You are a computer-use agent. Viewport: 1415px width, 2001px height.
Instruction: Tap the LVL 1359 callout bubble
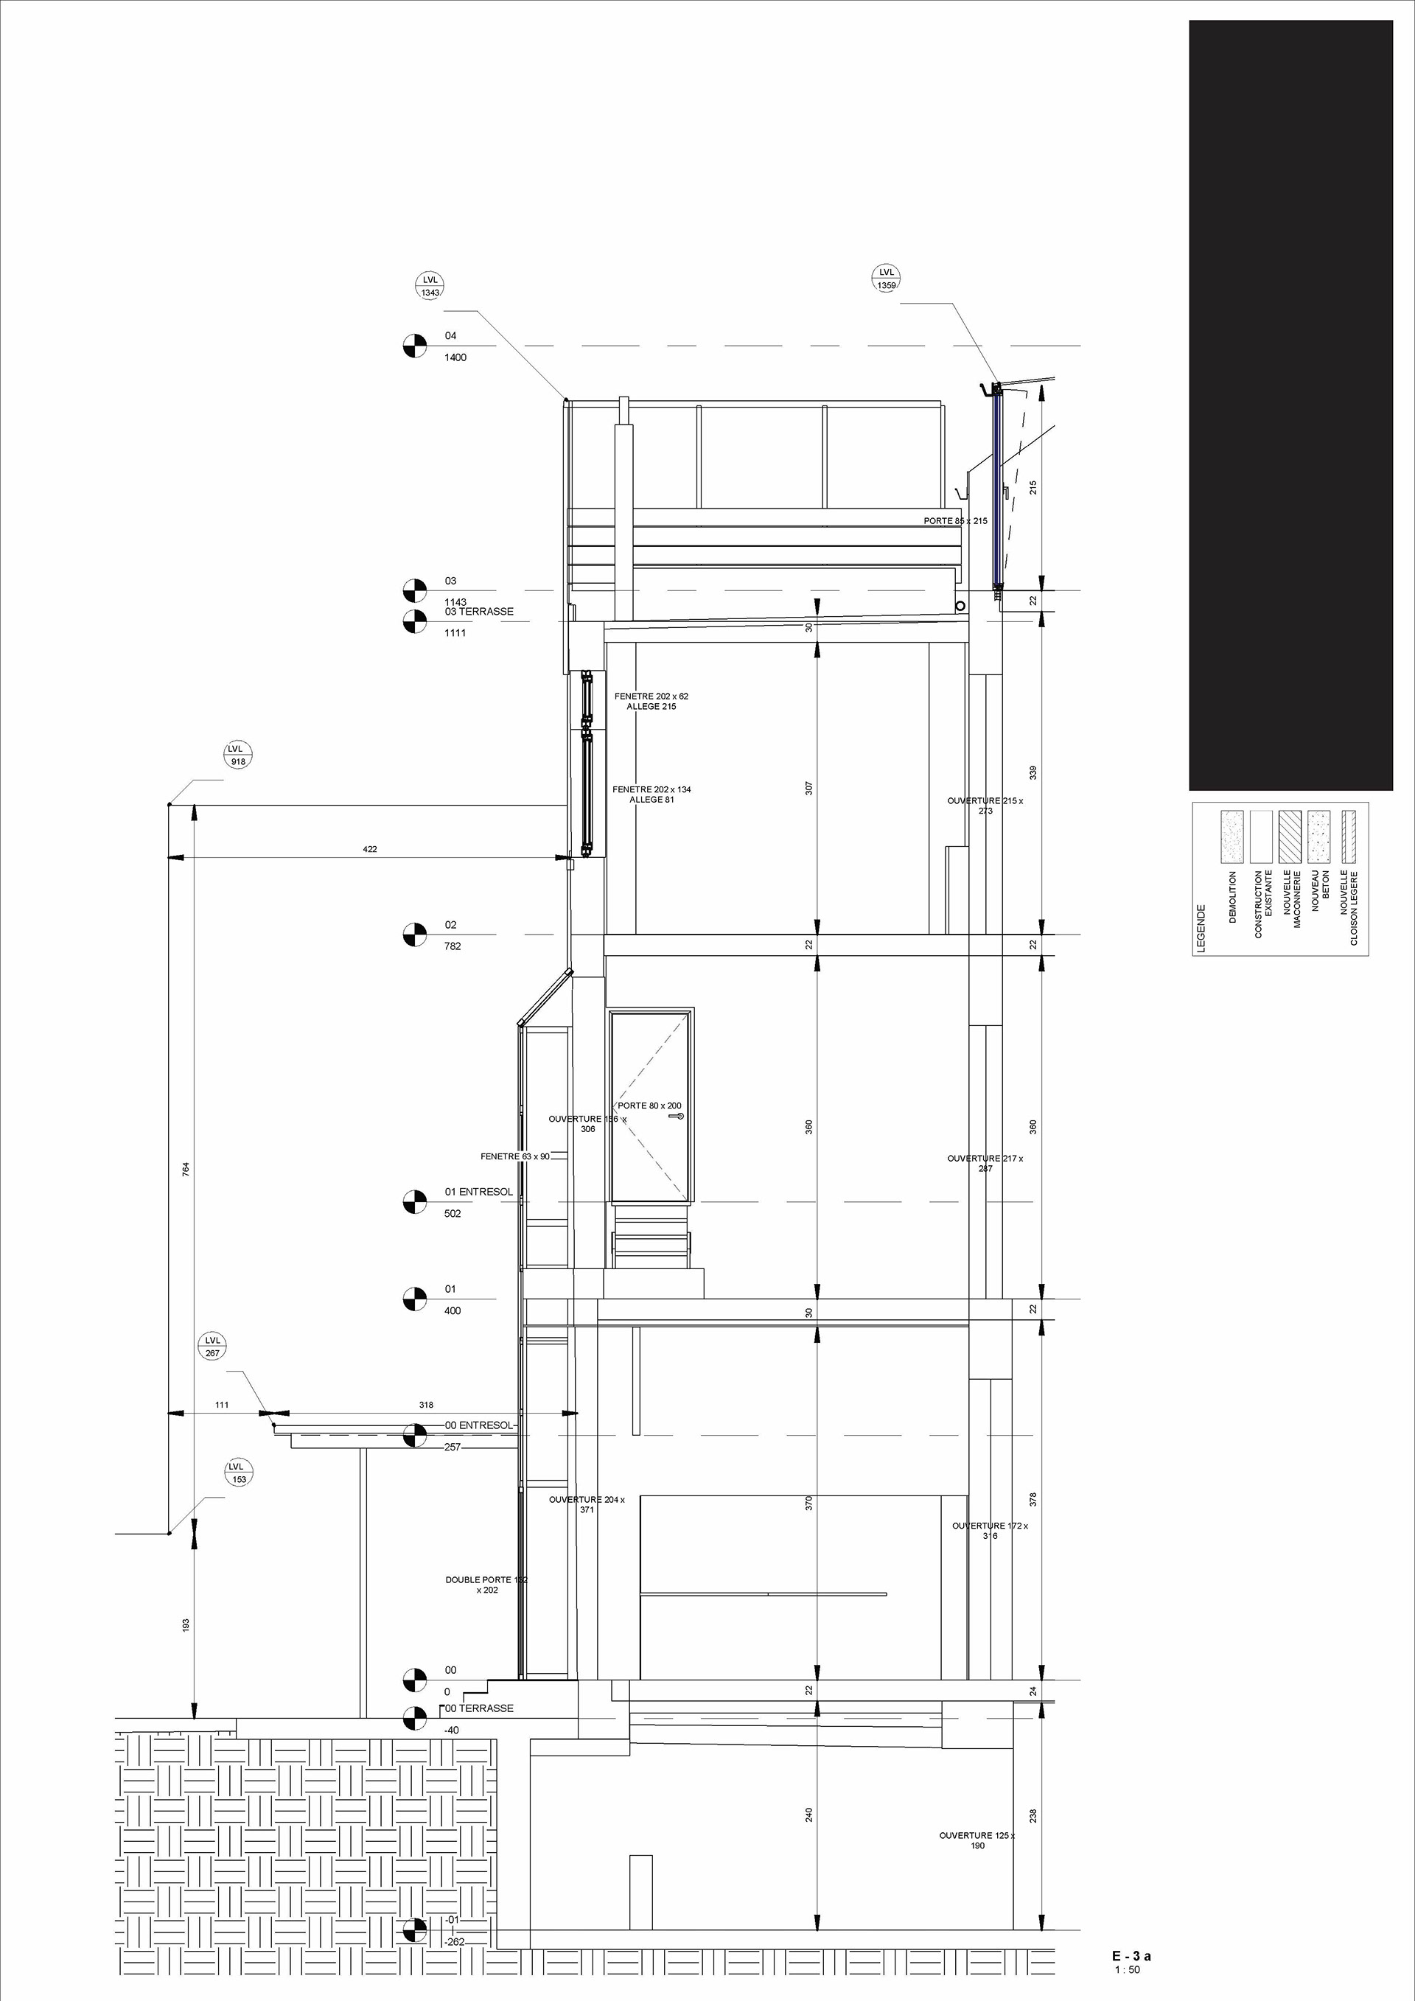(x=886, y=279)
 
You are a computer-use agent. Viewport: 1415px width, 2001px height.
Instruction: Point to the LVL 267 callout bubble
(x=212, y=1347)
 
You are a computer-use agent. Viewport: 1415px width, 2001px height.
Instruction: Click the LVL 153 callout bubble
(x=239, y=1473)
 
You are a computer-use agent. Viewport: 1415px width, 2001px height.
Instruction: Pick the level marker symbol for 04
(x=416, y=346)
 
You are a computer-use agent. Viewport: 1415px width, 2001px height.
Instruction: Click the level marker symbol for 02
(x=416, y=935)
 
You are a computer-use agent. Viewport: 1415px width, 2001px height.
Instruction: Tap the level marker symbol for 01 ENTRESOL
(x=416, y=1202)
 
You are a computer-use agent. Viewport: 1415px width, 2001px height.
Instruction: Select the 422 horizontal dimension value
(x=370, y=849)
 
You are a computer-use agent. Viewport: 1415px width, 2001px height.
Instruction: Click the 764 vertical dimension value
(x=186, y=1170)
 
